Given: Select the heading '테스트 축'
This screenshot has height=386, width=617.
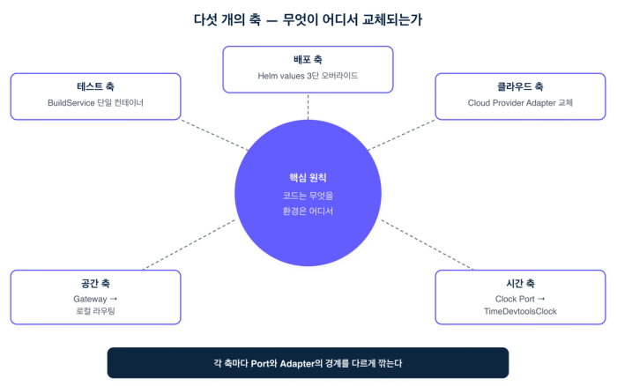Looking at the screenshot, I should pos(95,87).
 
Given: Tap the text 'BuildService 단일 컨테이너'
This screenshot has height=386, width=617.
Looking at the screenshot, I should pos(95,103).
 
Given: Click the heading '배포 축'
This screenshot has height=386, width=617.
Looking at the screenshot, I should pos(308,60).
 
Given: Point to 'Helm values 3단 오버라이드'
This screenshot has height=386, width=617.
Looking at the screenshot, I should pos(308,76).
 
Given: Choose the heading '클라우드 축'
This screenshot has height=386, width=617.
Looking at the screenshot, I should pos(520,87).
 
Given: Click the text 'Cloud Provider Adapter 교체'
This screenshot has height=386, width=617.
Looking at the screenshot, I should pos(520,103).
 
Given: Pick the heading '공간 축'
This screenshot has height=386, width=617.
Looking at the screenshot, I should pos(95,284).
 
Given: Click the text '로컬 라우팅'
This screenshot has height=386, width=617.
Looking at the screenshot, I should pos(95,312).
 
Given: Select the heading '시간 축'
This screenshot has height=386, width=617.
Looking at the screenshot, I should pos(520,284).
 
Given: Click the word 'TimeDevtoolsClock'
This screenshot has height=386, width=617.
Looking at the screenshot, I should pos(520,312).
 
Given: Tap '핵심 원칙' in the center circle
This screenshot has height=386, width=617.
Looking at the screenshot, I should pos(308,178).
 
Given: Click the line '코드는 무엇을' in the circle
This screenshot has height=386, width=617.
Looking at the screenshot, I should pos(308,196).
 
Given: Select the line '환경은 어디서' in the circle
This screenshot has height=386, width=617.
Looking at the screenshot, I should pos(308,212).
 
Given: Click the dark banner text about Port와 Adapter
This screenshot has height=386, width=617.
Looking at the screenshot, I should pos(308,362).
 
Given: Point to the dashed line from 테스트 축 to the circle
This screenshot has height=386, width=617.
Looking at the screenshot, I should pos(216,135).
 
